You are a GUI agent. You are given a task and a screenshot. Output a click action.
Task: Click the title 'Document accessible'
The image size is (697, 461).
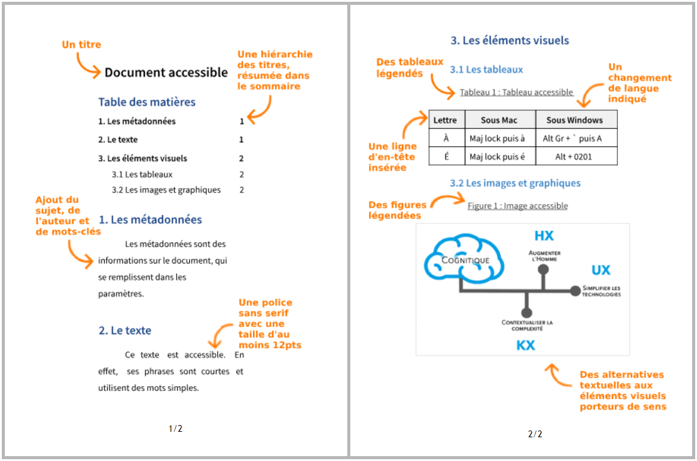click(x=166, y=72)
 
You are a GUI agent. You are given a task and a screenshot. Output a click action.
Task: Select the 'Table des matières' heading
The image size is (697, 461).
click(x=147, y=102)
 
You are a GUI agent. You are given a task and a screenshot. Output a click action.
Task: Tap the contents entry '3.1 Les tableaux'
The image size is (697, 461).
click(x=142, y=174)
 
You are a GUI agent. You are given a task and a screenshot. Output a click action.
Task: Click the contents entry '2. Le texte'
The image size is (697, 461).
click(x=118, y=139)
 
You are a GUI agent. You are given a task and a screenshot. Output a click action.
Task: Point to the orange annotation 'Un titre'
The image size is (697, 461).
click(x=81, y=44)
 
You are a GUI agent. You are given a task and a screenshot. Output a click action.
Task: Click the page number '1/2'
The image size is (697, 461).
click(x=175, y=429)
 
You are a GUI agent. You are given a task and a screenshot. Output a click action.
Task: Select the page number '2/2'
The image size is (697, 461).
click(x=535, y=434)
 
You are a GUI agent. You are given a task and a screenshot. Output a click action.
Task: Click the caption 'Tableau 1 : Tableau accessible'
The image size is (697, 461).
click(x=516, y=92)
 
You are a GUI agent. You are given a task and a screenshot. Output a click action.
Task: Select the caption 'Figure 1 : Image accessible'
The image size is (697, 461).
click(x=518, y=206)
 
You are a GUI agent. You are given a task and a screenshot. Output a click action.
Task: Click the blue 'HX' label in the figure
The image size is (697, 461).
click(x=544, y=236)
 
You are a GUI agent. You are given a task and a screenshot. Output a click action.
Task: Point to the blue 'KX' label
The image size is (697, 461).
click(x=525, y=345)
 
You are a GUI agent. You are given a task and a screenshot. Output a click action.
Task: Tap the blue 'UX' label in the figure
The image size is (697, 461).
click(x=601, y=270)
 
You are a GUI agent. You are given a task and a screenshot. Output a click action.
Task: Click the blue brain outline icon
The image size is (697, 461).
click(x=464, y=257)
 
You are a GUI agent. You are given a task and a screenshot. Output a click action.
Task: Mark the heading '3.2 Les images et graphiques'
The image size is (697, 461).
click(x=515, y=183)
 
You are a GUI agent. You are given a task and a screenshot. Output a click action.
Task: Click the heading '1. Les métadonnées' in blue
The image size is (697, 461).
click(x=150, y=219)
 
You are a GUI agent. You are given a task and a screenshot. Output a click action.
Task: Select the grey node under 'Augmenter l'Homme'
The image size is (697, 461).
click(x=543, y=269)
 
